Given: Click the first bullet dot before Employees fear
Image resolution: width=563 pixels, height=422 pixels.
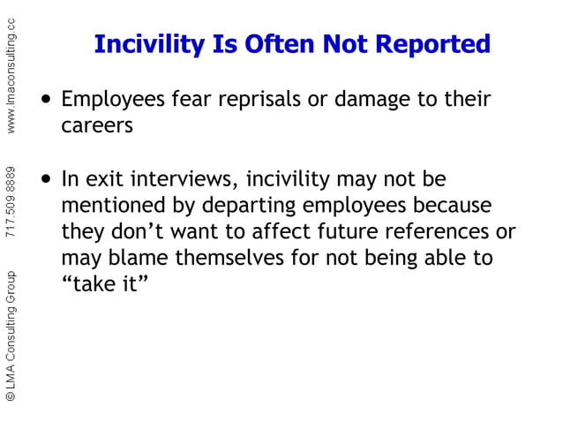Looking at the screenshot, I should [47, 99].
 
